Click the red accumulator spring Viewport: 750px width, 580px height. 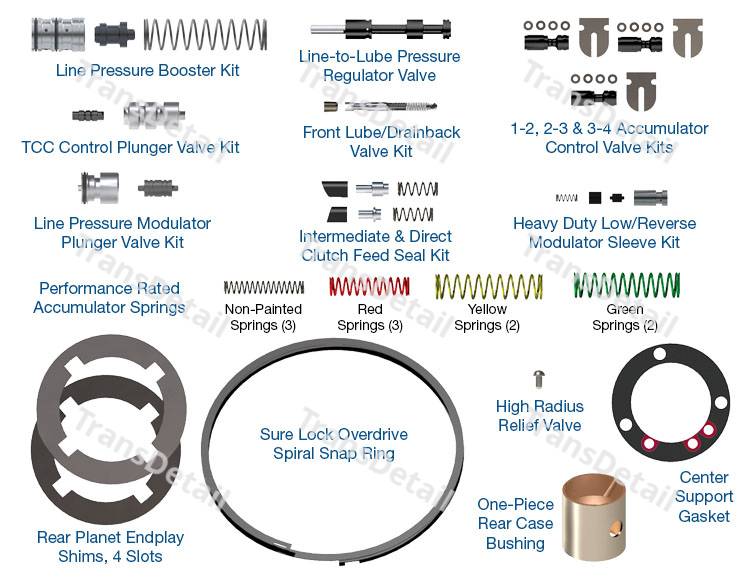369,287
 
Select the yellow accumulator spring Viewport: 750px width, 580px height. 487,287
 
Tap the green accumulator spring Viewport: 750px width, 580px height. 626,286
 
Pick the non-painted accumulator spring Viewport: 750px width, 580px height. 263,288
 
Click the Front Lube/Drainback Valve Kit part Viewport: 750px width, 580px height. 381,106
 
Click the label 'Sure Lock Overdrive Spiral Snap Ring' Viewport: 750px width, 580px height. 333,444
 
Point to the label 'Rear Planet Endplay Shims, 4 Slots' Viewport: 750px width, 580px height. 110,546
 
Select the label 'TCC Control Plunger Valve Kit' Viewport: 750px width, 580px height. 131,147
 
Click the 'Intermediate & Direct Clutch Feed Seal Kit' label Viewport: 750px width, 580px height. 375,246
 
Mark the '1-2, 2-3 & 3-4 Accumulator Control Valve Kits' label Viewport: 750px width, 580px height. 608,138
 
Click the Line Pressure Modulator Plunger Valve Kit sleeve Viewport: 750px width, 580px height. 100,187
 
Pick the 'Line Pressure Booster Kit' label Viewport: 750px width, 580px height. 148,71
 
